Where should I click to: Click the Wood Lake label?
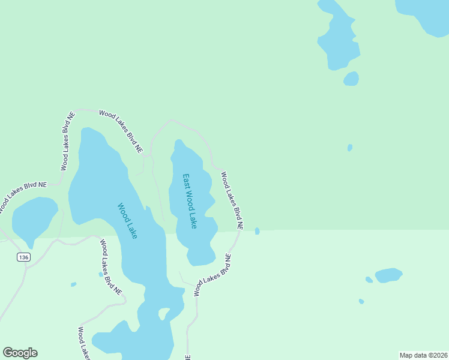click(x=127, y=221)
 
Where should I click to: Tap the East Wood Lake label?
click(x=190, y=201)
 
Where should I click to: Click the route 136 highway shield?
click(x=23, y=257)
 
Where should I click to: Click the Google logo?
click(x=20, y=353)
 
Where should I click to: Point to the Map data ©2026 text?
click(x=423, y=355)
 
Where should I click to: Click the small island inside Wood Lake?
click(x=162, y=313)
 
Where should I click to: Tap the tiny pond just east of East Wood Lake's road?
click(x=258, y=231)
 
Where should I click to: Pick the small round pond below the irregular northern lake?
click(x=351, y=79)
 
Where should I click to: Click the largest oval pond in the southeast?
click(x=388, y=275)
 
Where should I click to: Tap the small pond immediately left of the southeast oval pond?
click(x=369, y=280)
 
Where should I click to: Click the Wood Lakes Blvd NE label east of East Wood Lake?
click(x=232, y=201)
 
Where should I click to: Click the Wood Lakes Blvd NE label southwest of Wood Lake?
click(x=110, y=266)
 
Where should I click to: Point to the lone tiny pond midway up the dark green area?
click(x=350, y=148)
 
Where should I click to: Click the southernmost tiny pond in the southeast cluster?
click(x=361, y=301)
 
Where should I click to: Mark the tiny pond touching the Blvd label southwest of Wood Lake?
click(x=101, y=274)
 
